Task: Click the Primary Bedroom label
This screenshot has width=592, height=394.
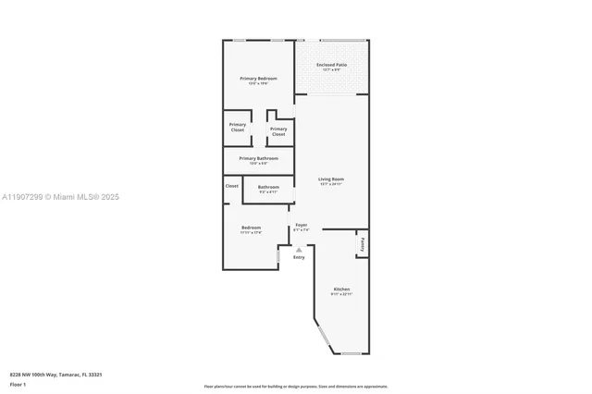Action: [x=258, y=79]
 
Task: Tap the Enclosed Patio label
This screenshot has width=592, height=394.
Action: [x=331, y=65]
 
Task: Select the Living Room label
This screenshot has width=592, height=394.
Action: [x=331, y=179]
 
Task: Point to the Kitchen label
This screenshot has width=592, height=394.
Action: [x=341, y=289]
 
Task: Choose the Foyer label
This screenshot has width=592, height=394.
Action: [x=301, y=225]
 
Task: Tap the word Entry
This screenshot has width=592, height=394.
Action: [x=299, y=257]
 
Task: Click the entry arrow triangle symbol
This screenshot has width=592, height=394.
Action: [x=299, y=250]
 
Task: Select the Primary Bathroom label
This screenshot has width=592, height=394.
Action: [x=258, y=158]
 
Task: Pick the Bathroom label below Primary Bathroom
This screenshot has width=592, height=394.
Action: [x=268, y=187]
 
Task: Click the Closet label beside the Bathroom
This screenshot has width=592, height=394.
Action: [x=231, y=186]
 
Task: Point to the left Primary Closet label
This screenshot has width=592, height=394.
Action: [x=238, y=127]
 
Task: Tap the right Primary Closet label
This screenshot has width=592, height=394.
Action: [x=278, y=131]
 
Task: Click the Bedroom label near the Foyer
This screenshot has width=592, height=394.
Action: [x=251, y=228]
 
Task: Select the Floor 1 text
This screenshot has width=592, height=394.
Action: [x=18, y=383]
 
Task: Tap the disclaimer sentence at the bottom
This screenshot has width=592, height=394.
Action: [x=295, y=386]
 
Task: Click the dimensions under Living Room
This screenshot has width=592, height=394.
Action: [x=331, y=184]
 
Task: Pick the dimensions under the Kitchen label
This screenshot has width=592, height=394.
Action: [x=341, y=294]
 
